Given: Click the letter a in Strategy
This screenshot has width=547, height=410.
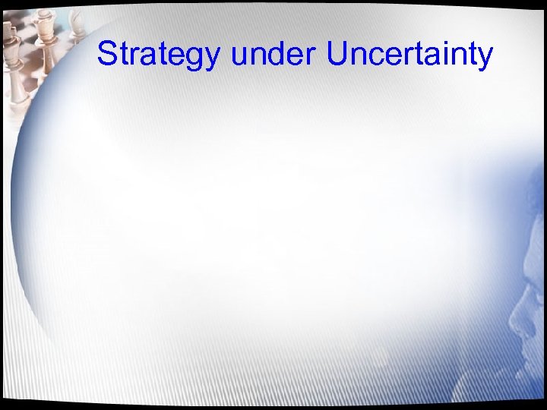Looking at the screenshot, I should (x=146, y=58).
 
